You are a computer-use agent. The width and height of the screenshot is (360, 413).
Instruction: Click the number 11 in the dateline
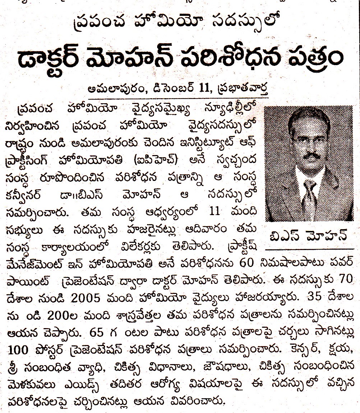pos(195,88)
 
